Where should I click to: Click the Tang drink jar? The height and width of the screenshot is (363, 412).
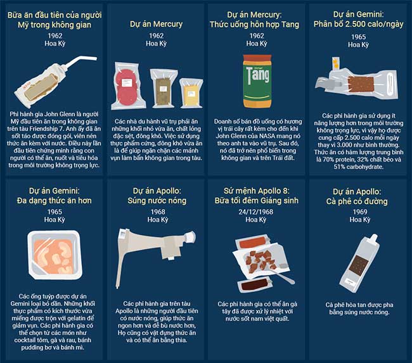(x=257, y=82)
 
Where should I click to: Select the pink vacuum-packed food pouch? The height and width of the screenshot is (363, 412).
(x=128, y=86)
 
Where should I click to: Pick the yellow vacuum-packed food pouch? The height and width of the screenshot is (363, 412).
(x=191, y=93)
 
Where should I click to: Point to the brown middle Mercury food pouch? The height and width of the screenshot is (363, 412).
(x=164, y=88)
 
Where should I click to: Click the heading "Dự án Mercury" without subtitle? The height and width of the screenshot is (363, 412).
(x=156, y=24)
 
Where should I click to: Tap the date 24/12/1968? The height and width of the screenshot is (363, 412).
(x=255, y=212)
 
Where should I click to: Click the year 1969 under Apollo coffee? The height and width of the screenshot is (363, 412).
(x=360, y=212)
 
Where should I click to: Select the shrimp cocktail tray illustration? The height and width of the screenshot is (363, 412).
(x=55, y=254)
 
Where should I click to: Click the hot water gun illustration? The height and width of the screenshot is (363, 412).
(x=155, y=252)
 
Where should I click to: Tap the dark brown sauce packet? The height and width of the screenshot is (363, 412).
(x=254, y=284)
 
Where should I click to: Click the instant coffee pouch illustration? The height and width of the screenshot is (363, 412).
(x=359, y=264)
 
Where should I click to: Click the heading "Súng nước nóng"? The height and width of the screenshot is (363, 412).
(x=157, y=201)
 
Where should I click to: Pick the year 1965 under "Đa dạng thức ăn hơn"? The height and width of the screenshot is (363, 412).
(x=55, y=212)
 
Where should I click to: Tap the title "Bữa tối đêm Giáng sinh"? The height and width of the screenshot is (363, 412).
(x=257, y=201)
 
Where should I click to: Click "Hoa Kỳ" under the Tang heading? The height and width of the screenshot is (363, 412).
(x=257, y=44)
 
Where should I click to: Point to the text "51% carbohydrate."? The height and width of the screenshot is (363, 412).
(x=358, y=167)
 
